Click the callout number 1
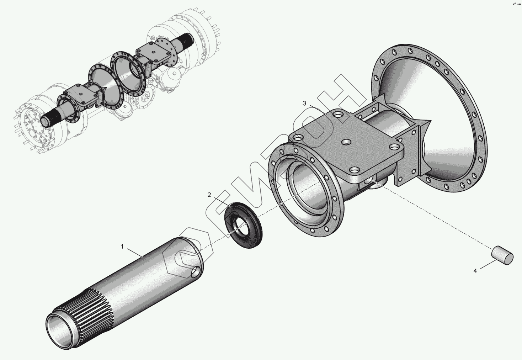coord(122,247)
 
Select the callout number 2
coord(209,195)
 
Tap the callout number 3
coord(304,103)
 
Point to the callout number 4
coord(475,271)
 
